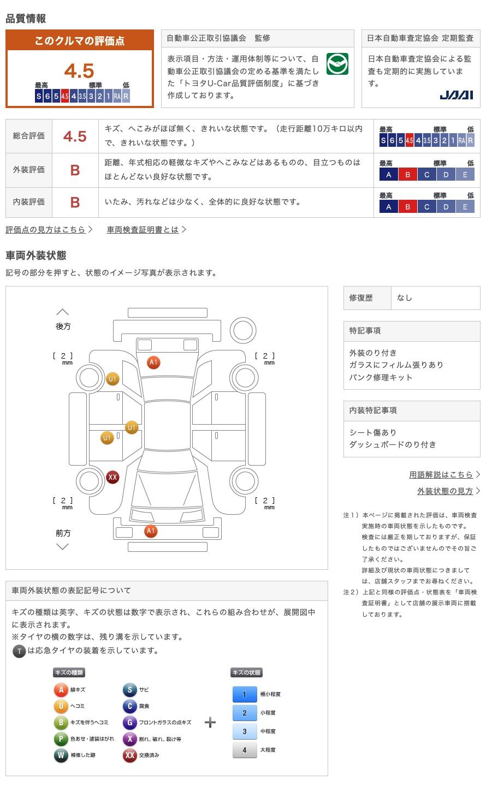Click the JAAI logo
click(x=456, y=95)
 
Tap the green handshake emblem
click(x=337, y=64)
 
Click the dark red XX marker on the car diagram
click(x=112, y=478)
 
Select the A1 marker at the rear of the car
click(x=153, y=362)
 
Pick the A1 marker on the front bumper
click(x=151, y=531)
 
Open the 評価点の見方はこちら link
click(x=46, y=230)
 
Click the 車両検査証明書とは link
click(x=143, y=230)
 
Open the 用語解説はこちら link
click(x=441, y=475)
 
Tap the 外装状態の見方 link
click(x=445, y=491)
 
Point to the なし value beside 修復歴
click(x=405, y=298)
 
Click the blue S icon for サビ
click(x=129, y=690)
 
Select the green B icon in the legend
click(x=61, y=723)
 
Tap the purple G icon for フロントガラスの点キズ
click(x=129, y=723)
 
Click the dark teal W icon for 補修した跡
click(x=61, y=755)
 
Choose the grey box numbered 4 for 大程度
click(x=244, y=750)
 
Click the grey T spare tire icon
click(x=19, y=651)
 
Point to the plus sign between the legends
click(x=210, y=723)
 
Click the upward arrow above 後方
click(x=62, y=312)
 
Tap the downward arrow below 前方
click(x=62, y=546)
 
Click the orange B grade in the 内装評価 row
click(x=75, y=203)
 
